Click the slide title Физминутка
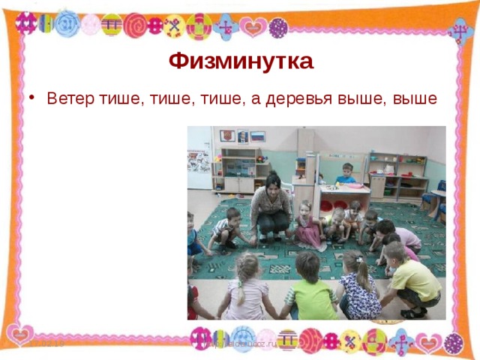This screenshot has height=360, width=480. (240, 60)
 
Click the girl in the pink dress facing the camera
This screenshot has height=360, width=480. (307, 225)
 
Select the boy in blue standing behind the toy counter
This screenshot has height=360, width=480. (346, 175)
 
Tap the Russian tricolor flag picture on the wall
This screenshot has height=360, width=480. (257, 136)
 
